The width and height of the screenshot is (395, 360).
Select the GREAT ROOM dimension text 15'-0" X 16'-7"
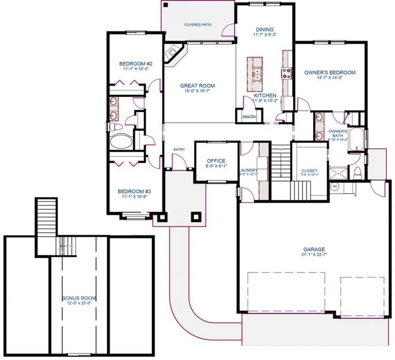click(x=197, y=91)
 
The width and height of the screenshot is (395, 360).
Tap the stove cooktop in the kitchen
click(x=286, y=73)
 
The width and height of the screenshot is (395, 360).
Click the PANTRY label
click(x=249, y=117)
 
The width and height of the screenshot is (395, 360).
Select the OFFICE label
click(x=216, y=161)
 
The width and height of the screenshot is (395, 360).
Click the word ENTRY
click(x=179, y=150)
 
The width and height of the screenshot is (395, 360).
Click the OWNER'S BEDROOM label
click(x=329, y=73)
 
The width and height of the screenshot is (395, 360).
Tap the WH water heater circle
click(x=335, y=186)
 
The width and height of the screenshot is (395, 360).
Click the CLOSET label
click(x=310, y=170)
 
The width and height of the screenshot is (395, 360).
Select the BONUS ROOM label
click(x=79, y=298)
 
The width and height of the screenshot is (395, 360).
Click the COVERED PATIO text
click(x=199, y=25)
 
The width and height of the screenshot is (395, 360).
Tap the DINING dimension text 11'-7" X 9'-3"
click(x=265, y=35)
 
